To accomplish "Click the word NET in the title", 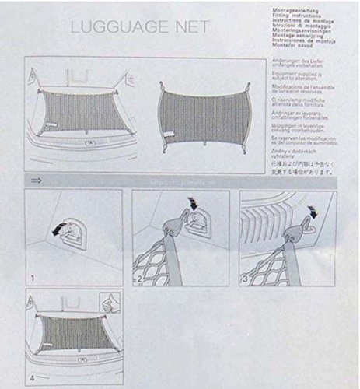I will tap(187, 26).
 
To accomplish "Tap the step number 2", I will tap(137, 276).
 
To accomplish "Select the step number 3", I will tap(245, 277).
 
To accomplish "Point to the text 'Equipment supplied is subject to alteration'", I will tap(297, 79).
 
